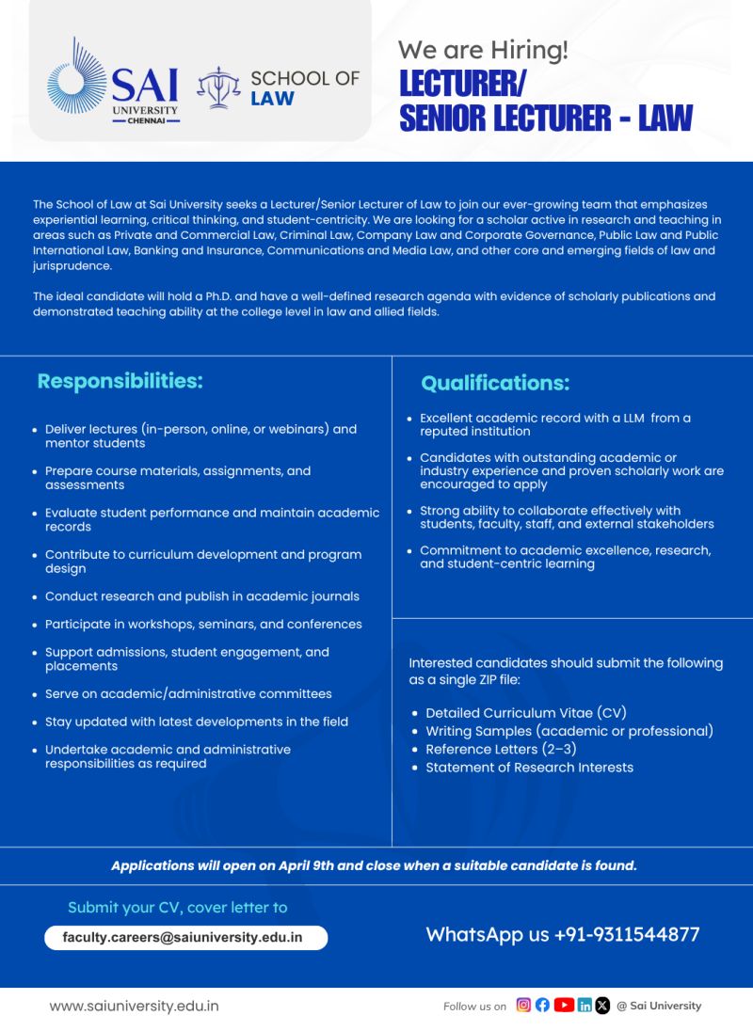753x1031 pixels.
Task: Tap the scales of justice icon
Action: point(218,87)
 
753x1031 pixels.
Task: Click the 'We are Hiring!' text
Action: point(483,50)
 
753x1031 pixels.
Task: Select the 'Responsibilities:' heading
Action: point(120,381)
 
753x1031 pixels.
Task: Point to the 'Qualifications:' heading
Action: point(495,383)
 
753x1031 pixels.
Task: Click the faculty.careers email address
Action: point(183,938)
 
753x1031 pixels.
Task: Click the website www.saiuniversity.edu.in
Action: point(134,1006)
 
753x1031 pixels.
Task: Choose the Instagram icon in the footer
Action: point(524,1005)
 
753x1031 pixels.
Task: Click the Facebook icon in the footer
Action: point(543,1005)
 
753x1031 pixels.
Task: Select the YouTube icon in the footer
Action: point(564,1005)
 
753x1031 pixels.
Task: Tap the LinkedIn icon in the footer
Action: point(585,1006)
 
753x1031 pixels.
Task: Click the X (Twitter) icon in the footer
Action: point(602,1005)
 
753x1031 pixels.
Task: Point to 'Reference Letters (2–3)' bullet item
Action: point(501,750)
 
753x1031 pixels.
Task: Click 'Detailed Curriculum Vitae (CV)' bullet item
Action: point(525,713)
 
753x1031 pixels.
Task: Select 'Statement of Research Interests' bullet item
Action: point(529,768)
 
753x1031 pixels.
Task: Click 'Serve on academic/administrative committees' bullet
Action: point(188,694)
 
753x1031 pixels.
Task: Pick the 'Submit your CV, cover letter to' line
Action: point(178,908)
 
